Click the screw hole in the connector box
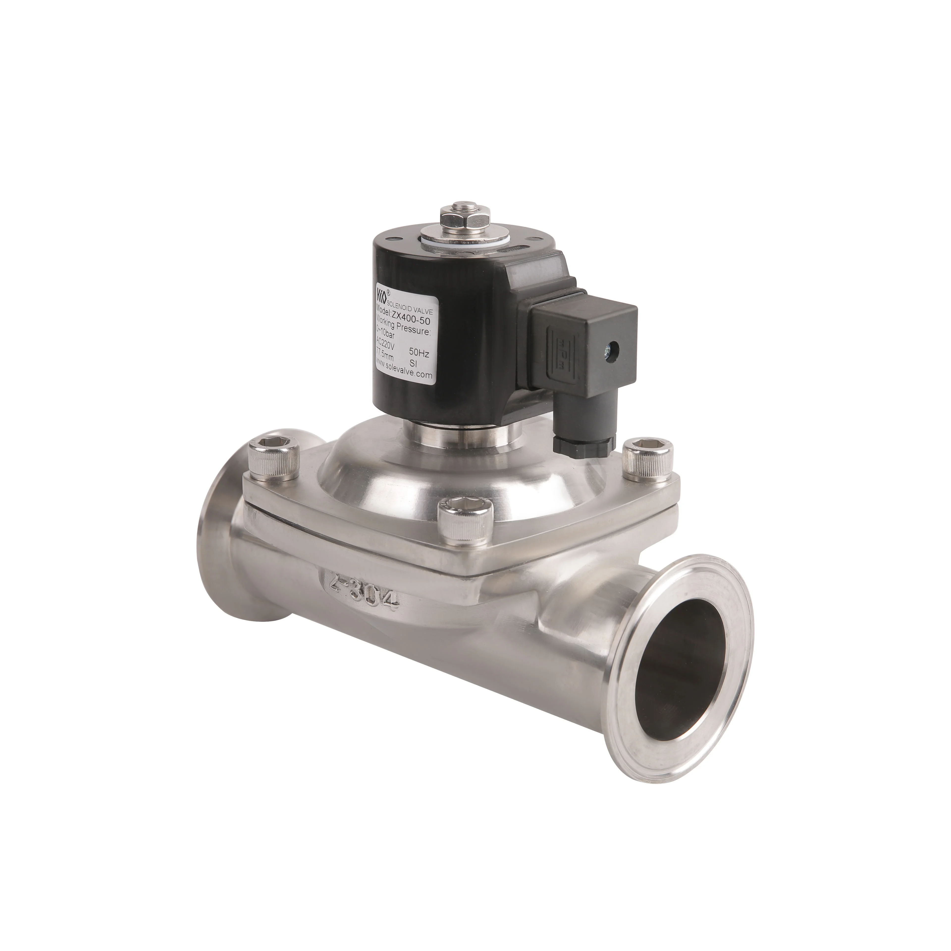pos(613,348)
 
